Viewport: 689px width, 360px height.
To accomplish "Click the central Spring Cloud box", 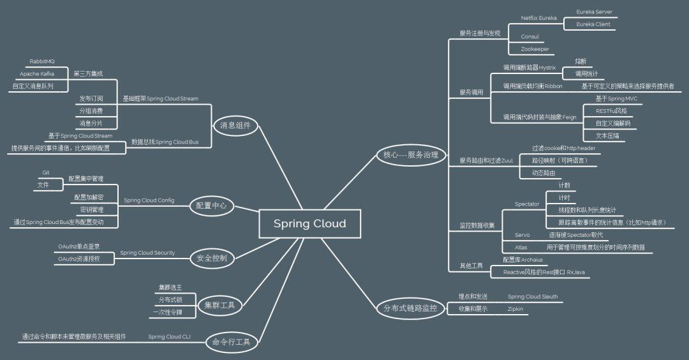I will tap(309, 223).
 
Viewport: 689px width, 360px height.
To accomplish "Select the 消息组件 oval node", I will tap(235, 126).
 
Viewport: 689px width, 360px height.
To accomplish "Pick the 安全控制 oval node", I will tap(213, 258).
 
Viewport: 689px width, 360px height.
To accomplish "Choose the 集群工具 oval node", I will tap(219, 305).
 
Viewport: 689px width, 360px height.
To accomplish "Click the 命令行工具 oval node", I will tap(232, 343).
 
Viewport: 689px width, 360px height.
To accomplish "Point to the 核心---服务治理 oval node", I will tap(410, 154).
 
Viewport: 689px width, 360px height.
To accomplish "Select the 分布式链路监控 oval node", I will tap(410, 308).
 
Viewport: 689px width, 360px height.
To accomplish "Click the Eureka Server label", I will tap(594, 11).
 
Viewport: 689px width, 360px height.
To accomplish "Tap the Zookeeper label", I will tap(535, 49).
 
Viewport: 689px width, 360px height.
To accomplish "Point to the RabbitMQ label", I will tap(42, 61).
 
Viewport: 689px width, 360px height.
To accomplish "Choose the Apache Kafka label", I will tap(37, 73).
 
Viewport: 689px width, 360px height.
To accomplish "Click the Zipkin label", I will tap(515, 308).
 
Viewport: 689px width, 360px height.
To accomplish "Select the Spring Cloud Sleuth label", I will tap(533, 296).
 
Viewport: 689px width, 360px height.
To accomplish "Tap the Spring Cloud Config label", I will tap(149, 200).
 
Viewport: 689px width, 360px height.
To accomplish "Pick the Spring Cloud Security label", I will tap(147, 253).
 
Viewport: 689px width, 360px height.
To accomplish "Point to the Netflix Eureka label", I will tap(539, 18).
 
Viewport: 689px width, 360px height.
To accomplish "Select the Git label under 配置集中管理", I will tap(46, 172).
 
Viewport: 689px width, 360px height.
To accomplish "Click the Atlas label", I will tap(521, 247).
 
